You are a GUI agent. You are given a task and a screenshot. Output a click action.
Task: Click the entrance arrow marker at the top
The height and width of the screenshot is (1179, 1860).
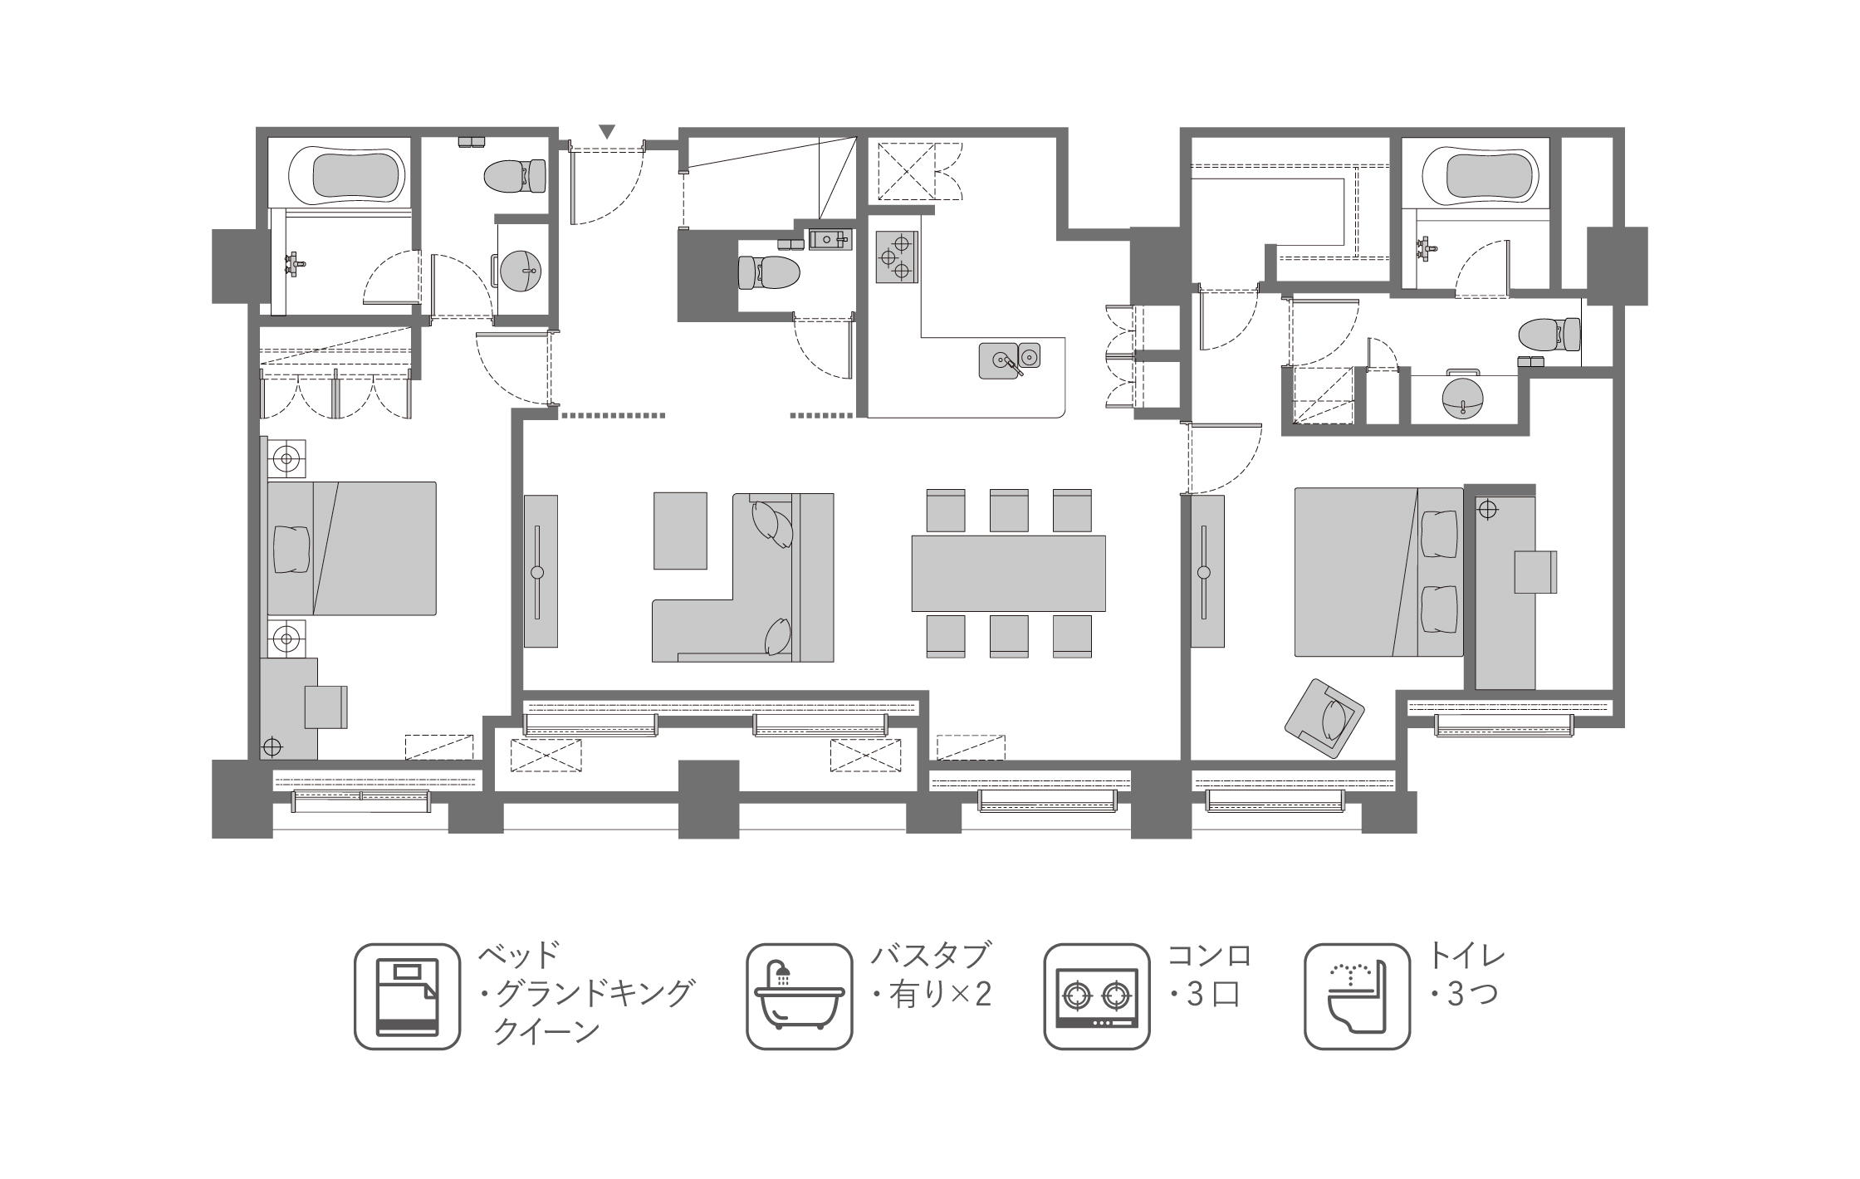608,131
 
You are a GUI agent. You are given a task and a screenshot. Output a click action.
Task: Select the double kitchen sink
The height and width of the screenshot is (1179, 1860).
1009,360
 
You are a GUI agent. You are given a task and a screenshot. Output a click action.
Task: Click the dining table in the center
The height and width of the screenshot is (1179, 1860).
1008,574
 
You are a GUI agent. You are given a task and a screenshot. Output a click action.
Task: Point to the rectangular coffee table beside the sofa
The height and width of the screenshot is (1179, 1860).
680,531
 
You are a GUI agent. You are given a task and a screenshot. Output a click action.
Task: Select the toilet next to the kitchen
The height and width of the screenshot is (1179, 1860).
769,272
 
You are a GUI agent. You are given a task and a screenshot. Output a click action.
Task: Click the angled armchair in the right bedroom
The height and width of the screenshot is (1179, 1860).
1324,718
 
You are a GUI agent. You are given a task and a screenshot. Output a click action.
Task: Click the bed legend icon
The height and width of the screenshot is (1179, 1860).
407,996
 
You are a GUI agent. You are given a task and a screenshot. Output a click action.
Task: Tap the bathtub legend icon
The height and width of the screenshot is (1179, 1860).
800,996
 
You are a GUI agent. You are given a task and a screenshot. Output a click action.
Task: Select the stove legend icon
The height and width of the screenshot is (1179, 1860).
1097,996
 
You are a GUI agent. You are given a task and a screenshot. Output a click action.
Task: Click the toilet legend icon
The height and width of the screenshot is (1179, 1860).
1358,996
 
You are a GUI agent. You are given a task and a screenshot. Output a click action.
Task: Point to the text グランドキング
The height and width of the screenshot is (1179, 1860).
593,993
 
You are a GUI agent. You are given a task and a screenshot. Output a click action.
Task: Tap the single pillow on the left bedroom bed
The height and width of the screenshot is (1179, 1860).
291,548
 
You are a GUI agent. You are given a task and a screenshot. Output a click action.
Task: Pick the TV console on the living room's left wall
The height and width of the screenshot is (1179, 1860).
541,571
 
